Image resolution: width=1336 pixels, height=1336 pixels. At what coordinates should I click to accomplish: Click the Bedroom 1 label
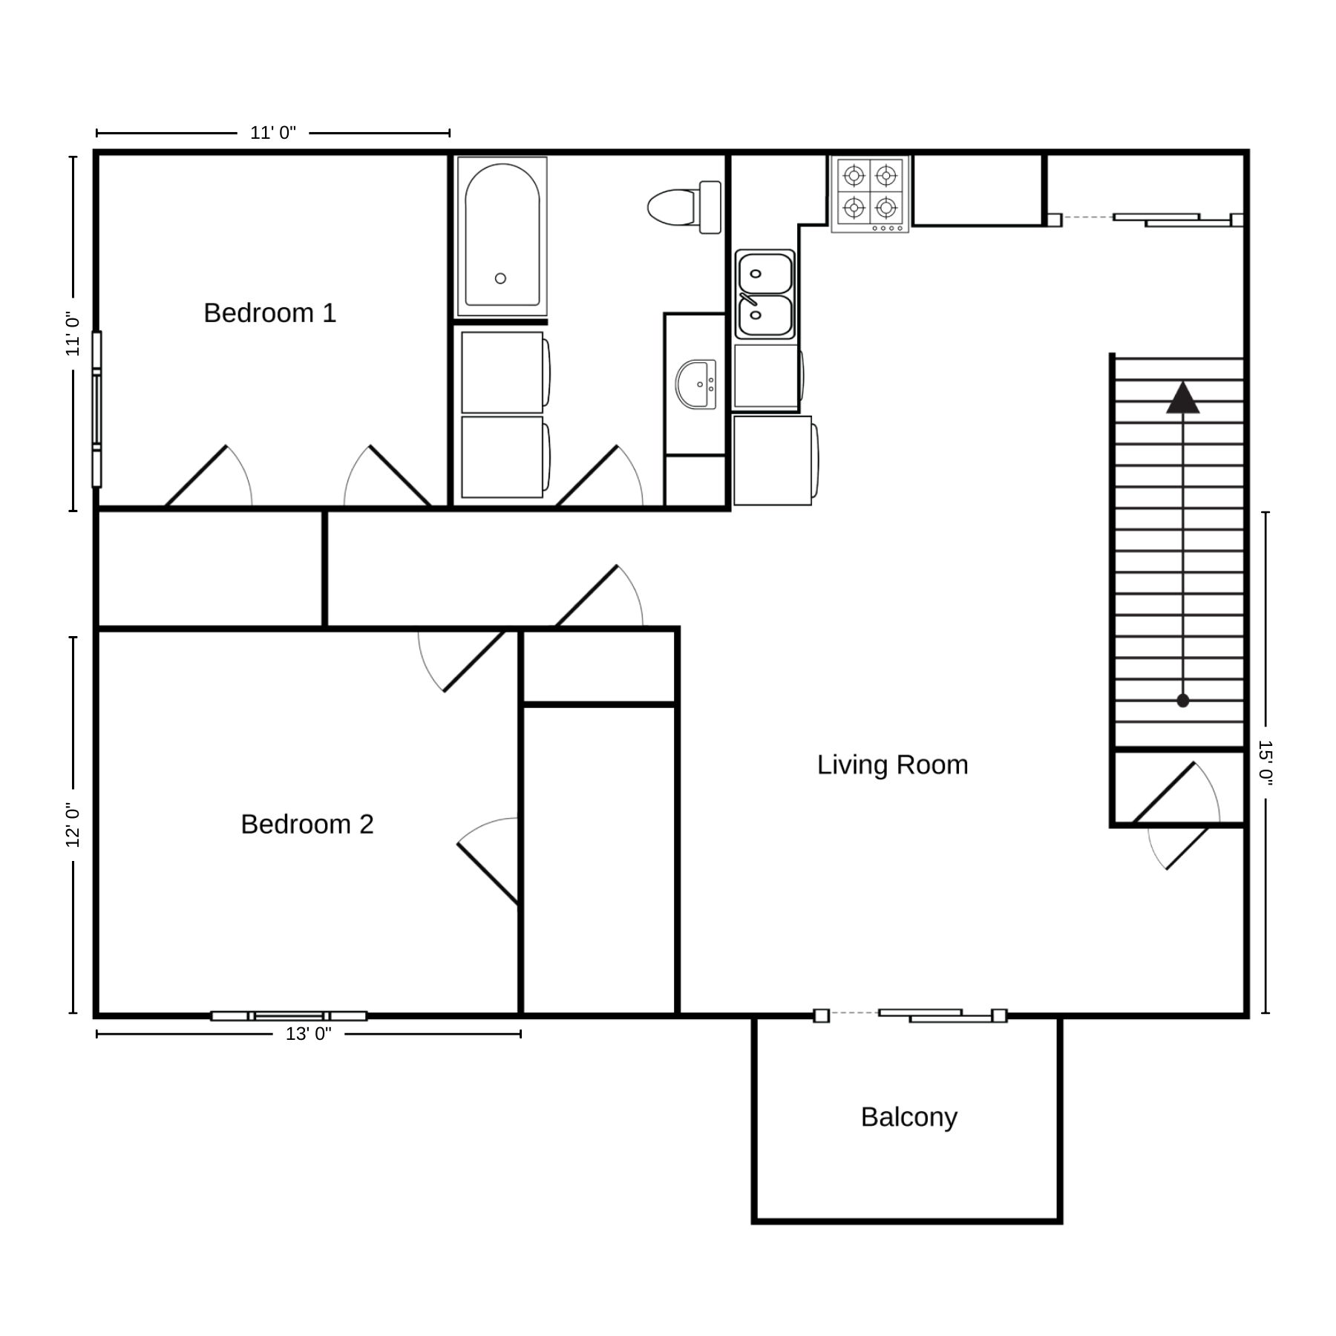coord(270,313)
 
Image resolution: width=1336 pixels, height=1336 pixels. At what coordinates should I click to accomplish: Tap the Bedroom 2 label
coord(307,825)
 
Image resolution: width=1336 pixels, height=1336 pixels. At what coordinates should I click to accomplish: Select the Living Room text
coord(893,765)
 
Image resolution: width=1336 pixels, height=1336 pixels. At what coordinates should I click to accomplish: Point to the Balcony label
coord(909,1117)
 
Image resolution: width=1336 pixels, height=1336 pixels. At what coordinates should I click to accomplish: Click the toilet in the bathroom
coord(684,207)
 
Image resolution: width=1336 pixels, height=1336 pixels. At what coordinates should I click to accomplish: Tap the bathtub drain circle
coord(500,278)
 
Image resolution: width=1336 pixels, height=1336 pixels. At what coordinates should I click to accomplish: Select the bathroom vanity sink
coord(695,384)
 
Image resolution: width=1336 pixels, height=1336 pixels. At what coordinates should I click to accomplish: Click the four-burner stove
coord(870,194)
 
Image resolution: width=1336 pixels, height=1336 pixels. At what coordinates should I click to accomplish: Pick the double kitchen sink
coord(765,295)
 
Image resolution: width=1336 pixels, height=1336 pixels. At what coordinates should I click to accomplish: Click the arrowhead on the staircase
coord(1183,398)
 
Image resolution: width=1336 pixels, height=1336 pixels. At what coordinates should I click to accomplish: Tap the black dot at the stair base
coord(1183,701)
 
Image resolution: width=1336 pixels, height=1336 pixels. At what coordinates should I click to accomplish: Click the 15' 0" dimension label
coord(1265,763)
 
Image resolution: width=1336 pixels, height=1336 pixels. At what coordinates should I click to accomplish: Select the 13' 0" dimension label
coord(309,1034)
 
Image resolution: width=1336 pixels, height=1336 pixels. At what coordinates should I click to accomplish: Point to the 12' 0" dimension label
coord(73,825)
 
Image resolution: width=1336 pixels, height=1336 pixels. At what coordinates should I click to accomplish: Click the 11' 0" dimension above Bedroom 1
coord(273,134)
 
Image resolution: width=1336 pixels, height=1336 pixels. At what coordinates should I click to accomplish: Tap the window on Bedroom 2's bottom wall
coord(289,1015)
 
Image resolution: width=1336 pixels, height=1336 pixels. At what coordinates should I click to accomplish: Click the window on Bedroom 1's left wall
coord(96,409)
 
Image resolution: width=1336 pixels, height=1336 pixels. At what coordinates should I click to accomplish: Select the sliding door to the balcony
coord(911,1015)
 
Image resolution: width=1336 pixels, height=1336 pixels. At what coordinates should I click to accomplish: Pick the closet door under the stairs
coord(1176,793)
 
